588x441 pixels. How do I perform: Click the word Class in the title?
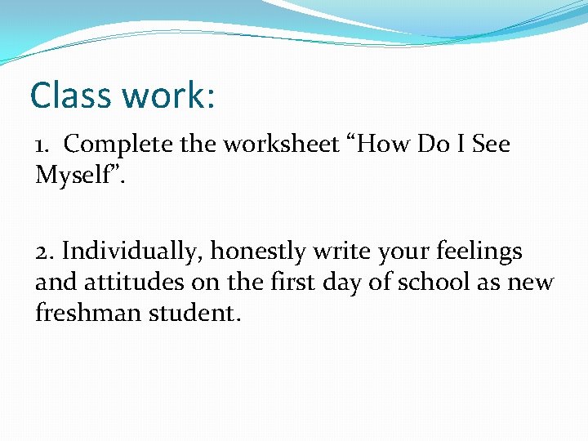click(x=72, y=96)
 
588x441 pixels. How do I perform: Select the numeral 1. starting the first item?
click(x=44, y=145)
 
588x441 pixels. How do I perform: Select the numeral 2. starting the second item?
click(x=45, y=252)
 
